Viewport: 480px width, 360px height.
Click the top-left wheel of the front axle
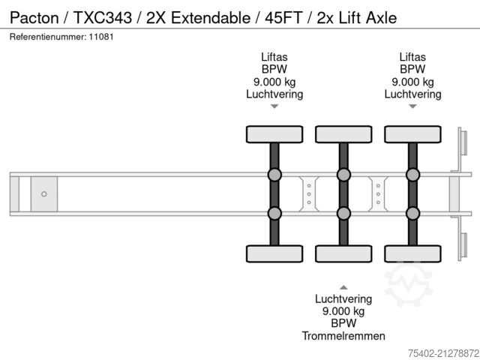click(274, 134)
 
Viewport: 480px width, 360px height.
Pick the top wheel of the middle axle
click(343, 134)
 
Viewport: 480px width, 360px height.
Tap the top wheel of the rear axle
click(412, 134)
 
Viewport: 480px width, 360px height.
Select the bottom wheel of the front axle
click(274, 253)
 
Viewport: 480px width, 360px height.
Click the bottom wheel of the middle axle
click(343, 253)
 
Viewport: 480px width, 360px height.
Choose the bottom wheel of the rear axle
click(412, 253)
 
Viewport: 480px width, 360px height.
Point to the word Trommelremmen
click(343, 335)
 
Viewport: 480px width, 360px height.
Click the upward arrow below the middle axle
click(343, 286)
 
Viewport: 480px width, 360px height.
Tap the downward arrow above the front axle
click(274, 106)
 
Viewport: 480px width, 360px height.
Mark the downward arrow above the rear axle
click(412, 106)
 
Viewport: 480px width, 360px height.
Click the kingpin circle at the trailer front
click(44, 194)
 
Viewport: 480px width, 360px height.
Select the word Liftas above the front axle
click(274, 56)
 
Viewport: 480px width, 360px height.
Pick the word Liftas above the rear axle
click(412, 56)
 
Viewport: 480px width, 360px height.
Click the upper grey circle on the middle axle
click(343, 175)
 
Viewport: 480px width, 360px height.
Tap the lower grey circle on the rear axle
click(412, 213)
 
